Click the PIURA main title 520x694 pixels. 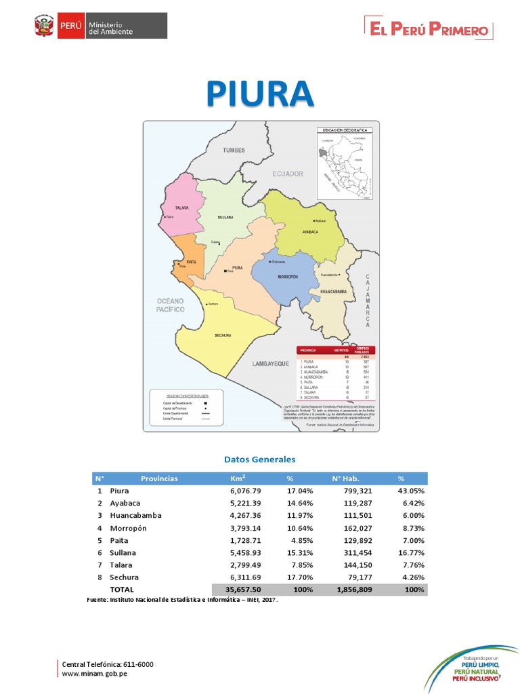coord(260,94)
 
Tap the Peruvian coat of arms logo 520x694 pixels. coord(44,27)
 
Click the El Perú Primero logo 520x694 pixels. coord(429,29)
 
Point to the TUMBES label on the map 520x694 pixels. coord(233,150)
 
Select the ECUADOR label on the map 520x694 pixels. coord(288,174)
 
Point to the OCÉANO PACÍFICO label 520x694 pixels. coord(171,304)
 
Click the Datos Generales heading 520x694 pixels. coord(260,460)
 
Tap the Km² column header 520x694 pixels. coord(238,478)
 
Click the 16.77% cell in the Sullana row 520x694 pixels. coord(411,552)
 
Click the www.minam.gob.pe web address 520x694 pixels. coord(94,674)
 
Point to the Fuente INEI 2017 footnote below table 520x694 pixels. coord(183,600)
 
